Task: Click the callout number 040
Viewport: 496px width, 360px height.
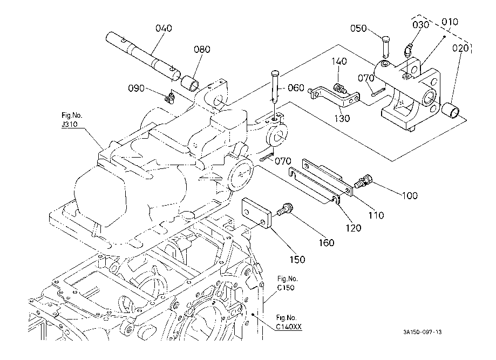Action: coord(164,28)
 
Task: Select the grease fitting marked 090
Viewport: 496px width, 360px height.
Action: coord(170,97)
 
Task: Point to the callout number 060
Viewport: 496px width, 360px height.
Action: coord(296,87)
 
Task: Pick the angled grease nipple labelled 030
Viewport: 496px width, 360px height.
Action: coord(409,51)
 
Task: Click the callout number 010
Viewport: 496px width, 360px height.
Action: coord(450,22)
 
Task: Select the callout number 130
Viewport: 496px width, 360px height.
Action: coord(342,118)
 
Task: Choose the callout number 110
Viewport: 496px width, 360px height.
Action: coord(376,215)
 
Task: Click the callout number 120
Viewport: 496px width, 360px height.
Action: coord(354,228)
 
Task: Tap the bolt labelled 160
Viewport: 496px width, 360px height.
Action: coord(286,209)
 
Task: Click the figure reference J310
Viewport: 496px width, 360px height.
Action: coord(69,124)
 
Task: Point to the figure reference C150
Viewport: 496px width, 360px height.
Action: coord(286,288)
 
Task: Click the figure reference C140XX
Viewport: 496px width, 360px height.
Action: coord(289,327)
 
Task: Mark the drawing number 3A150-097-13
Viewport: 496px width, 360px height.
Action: coord(422,332)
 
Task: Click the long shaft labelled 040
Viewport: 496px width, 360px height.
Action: coord(144,56)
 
